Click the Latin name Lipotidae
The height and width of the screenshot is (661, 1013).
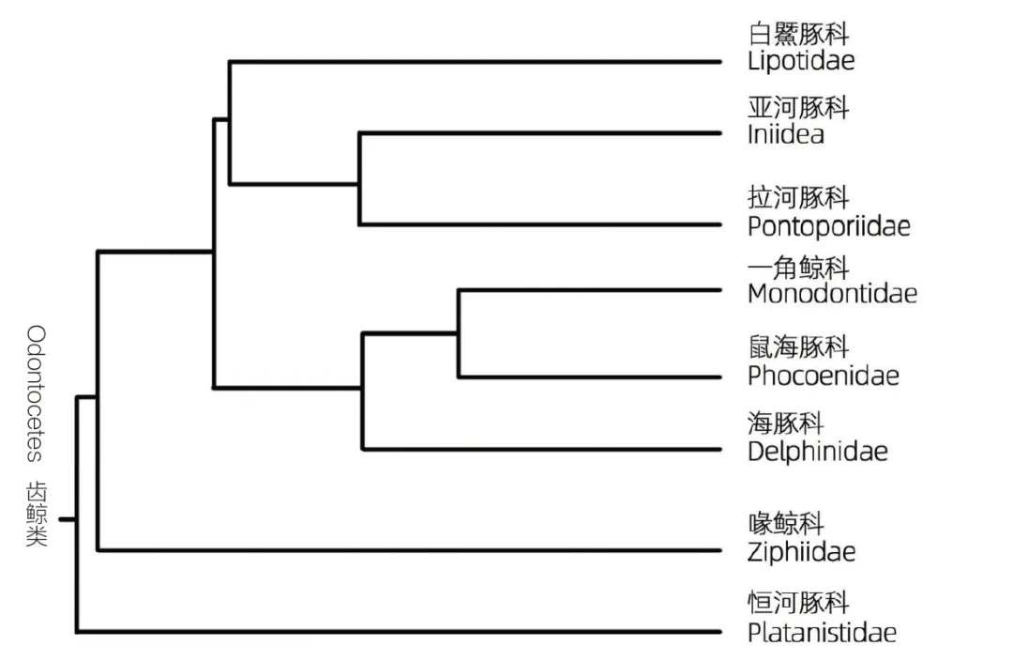[x=801, y=62]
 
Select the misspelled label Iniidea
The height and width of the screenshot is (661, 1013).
[x=786, y=134]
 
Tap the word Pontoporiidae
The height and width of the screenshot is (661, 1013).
[x=829, y=226]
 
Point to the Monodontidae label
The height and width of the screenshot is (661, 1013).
[x=832, y=294]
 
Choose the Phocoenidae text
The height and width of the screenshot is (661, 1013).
[x=824, y=376]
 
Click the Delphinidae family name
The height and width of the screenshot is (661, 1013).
[x=818, y=452]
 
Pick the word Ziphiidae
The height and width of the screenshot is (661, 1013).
[x=801, y=552]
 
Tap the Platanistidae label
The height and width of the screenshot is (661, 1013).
[x=822, y=633]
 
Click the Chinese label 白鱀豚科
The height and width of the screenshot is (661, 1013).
[x=798, y=36]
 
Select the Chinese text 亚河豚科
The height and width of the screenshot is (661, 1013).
[x=798, y=107]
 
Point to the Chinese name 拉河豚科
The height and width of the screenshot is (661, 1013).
[x=798, y=198]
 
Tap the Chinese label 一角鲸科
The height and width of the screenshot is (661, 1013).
[x=798, y=268]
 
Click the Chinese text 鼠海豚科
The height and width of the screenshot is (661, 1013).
[x=798, y=348]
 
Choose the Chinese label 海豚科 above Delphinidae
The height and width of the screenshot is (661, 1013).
[x=786, y=424]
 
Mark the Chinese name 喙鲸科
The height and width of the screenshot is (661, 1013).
[x=786, y=524]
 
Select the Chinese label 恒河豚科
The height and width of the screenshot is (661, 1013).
[x=798, y=604]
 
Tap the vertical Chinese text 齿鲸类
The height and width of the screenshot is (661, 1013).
[x=36, y=515]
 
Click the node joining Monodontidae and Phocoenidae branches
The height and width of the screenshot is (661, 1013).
[x=459, y=332]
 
